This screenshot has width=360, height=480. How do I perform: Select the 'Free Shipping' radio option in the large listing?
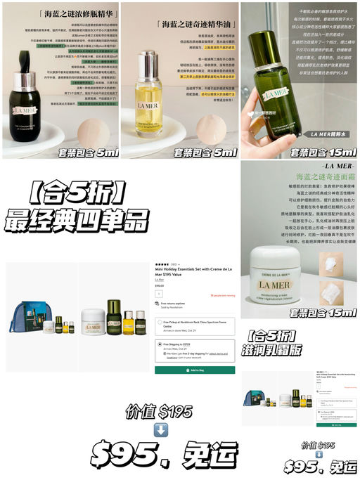coord(158,344)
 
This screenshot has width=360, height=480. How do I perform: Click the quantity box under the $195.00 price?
coord(159,293)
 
